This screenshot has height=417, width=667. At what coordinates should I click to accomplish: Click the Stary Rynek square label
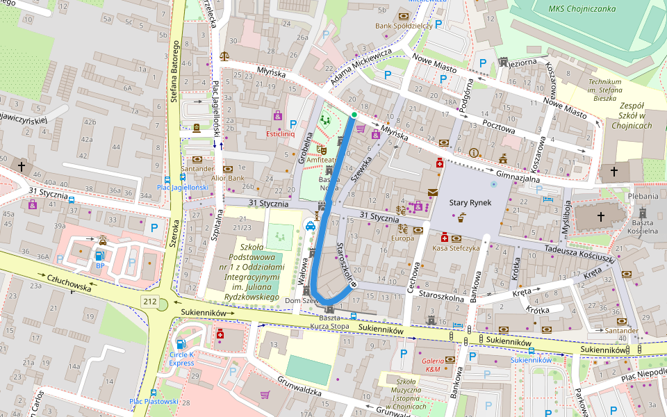tap(470, 202)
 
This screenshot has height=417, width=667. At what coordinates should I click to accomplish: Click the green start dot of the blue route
tap(354, 115)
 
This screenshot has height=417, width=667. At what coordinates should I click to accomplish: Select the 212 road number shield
tap(149, 301)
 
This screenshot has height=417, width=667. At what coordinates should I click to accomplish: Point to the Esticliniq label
tap(281, 133)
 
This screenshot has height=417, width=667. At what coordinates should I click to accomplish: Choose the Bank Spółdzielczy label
tap(404, 26)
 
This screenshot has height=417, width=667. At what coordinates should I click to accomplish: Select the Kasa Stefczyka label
tap(456, 248)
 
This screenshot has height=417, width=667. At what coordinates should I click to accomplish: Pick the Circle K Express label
tap(181, 359)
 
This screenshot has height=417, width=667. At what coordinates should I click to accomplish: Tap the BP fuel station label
tap(100, 265)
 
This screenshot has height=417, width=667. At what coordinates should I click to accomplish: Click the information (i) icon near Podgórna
tap(475, 153)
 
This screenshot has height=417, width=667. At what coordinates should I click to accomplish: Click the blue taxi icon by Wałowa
tap(310, 224)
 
